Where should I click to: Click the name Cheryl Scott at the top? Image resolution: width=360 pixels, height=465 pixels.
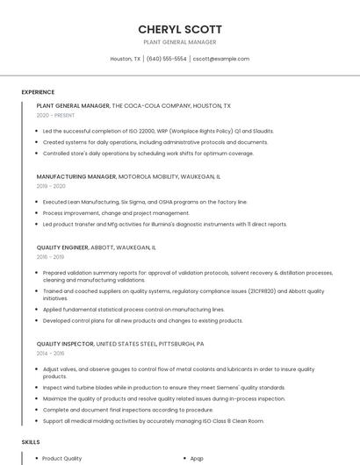tap(180, 29)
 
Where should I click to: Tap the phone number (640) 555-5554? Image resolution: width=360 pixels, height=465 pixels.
tap(167, 59)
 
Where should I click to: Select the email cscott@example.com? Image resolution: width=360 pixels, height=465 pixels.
tap(221, 59)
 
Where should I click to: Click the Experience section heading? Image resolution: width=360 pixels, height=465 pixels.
tap(38, 92)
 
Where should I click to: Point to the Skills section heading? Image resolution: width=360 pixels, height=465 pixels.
tap(31, 443)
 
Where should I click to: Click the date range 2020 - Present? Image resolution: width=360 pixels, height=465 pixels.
tap(55, 115)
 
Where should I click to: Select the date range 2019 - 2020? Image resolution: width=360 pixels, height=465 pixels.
tap(51, 186)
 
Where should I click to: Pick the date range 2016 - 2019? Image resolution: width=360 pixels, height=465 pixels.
tap(50, 257)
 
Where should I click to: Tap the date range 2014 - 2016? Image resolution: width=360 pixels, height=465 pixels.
tap(50, 354)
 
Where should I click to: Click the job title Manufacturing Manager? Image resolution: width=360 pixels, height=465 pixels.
tap(76, 176)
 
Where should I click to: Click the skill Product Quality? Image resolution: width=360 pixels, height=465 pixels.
tap(61, 458)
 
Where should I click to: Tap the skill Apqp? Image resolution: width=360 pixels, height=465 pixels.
tap(197, 458)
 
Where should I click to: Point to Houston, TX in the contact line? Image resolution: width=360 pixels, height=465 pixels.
tap(125, 59)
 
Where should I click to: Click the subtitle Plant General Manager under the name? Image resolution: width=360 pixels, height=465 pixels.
tap(180, 42)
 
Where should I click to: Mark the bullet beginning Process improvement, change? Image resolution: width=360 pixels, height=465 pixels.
tap(116, 212)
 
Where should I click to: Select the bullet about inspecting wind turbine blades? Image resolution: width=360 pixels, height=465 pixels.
tap(163, 387)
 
